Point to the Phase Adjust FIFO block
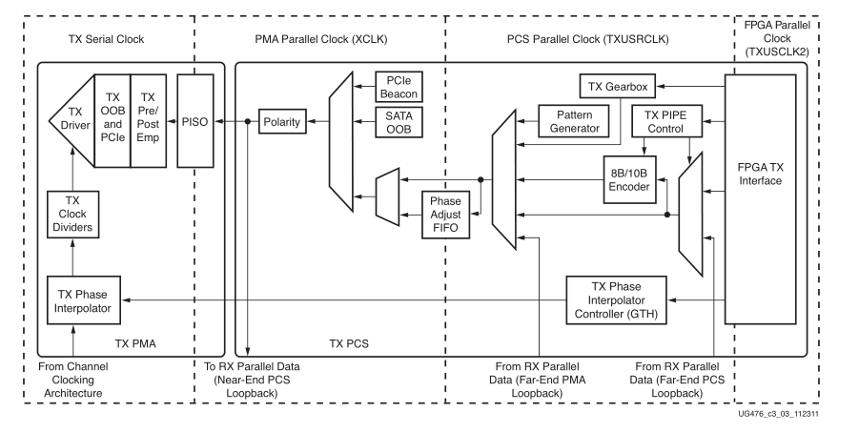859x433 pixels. (446, 216)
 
